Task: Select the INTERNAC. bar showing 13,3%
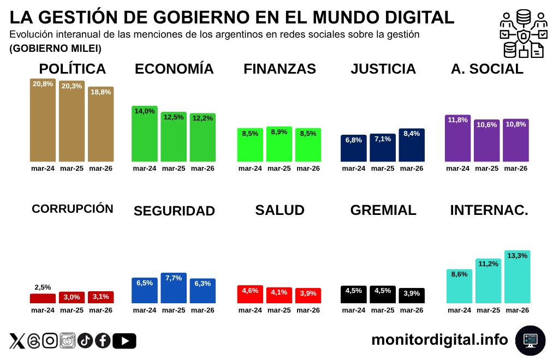point(517,277)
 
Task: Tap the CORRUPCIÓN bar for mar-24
point(43,298)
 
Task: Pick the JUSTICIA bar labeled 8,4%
point(412,145)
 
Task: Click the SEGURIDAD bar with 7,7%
point(174,288)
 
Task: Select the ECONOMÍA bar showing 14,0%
point(145,134)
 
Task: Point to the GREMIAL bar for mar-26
point(412,296)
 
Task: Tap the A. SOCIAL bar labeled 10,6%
point(486,140)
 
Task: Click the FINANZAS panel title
point(279,69)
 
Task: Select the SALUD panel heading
point(279,211)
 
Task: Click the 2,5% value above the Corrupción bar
point(43,287)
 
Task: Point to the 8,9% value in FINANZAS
point(279,132)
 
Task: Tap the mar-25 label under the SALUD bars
point(279,310)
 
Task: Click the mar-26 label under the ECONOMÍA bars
point(203,169)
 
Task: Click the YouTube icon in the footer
point(124,341)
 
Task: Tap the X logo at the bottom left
point(17,341)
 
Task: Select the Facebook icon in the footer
point(103,341)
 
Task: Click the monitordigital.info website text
point(439,340)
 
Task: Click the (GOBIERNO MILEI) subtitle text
point(55,49)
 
